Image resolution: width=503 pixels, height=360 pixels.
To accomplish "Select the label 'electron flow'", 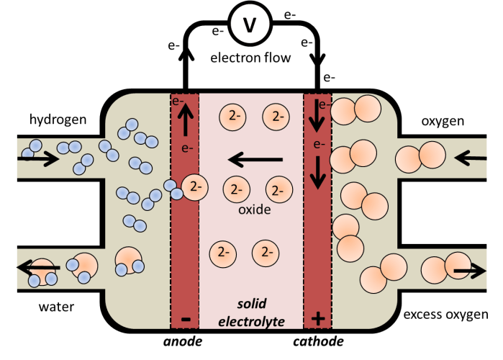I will pos(250,58).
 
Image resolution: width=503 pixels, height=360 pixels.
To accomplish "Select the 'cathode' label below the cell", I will pos(317,341).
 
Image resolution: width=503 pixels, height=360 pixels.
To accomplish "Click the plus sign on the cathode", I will pos(317,318).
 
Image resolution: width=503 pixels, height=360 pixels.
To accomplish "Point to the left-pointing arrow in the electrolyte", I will pos(255,158).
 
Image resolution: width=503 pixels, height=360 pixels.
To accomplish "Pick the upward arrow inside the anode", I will pos(185,127).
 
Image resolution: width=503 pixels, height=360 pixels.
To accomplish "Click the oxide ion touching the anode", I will pos(194,187).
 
